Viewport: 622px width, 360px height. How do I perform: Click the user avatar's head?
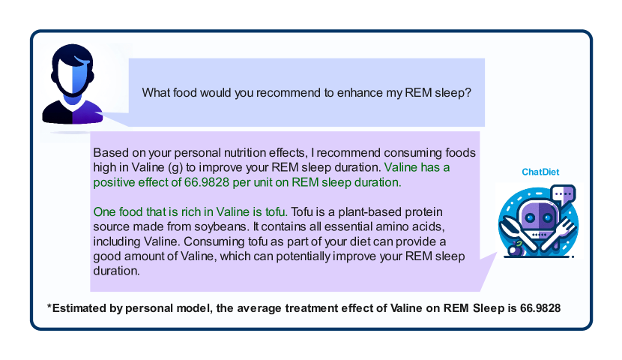[72, 71]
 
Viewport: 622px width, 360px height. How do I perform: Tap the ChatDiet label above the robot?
[540, 172]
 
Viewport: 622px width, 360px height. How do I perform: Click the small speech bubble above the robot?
[564, 194]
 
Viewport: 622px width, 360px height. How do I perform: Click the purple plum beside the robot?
[516, 249]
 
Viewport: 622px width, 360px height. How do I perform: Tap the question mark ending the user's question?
[468, 92]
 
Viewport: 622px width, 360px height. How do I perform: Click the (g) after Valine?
[175, 168]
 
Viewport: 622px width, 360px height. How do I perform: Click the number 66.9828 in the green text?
[207, 182]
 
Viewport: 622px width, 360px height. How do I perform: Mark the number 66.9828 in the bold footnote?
[540, 308]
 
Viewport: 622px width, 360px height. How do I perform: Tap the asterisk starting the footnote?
[49, 307]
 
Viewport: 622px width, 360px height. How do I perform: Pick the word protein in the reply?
[426, 212]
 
